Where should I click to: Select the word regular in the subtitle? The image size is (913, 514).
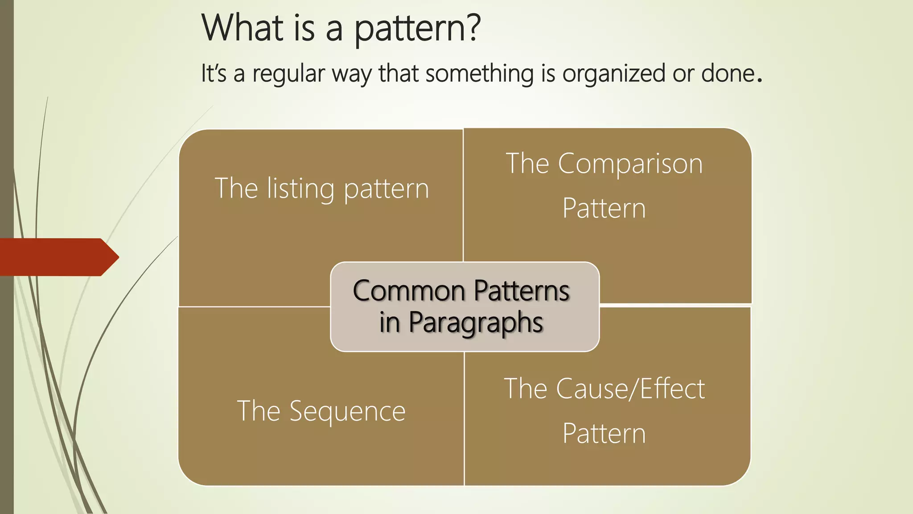(x=288, y=74)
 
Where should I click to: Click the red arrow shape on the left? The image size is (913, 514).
(x=58, y=257)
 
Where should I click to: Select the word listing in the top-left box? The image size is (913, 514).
(x=300, y=189)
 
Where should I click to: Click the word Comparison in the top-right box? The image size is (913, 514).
(x=630, y=164)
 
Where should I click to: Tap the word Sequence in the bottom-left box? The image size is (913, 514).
(x=347, y=411)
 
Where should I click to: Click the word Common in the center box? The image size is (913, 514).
(x=409, y=291)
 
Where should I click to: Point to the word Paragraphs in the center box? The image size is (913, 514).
(x=476, y=323)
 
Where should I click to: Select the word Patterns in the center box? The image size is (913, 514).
(x=521, y=291)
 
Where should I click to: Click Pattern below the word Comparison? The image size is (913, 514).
(x=604, y=208)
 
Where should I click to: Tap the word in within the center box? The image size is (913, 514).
(x=389, y=323)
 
